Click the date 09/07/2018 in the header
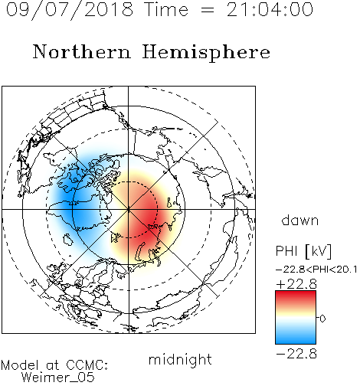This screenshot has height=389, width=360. tap(70, 10)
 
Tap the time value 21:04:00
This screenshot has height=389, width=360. tap(270, 10)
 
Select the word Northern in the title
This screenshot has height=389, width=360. tap(82, 51)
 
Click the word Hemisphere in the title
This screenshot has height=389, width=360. tap(206, 52)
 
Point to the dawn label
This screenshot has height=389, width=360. tap(300, 220)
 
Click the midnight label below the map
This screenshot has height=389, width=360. tap(180, 360)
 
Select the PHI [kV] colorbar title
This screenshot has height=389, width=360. tap(303, 251)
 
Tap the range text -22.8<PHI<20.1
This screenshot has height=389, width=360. tap(316, 270)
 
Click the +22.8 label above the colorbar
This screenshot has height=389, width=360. tap(296, 284)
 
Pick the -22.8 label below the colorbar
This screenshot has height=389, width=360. tap(296, 354)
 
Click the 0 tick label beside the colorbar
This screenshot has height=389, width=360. tap(322, 319)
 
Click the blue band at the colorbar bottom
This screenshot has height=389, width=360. tap(296, 338)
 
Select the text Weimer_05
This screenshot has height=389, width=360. tap(58, 378)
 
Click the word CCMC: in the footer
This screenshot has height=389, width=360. tap(87, 365)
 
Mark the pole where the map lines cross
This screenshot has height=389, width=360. tap(129, 209)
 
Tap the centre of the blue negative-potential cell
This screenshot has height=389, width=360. tap(77, 201)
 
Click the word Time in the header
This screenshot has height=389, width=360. tap(166, 9)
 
